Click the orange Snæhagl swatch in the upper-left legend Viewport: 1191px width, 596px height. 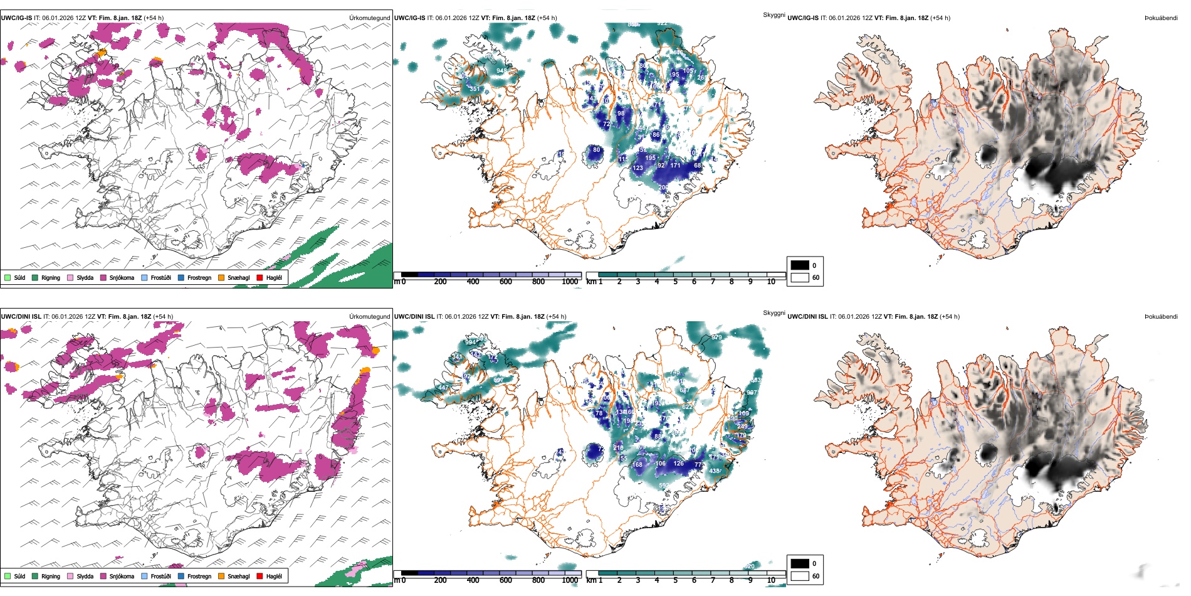pos(221,278)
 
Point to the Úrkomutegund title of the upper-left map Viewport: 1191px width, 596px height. pos(369,18)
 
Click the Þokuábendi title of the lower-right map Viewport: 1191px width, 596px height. pos(1161,317)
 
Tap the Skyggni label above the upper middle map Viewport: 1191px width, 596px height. pos(774,14)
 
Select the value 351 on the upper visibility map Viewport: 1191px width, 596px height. pos(475,89)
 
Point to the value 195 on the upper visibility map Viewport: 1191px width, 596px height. pos(650,158)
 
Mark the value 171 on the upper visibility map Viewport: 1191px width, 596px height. pos(675,166)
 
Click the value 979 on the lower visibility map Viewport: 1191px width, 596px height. pos(716,338)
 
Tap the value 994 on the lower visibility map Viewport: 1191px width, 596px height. pos(470,343)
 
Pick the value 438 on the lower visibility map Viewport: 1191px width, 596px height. pos(715,471)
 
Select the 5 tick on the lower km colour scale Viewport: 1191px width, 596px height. pos(675,580)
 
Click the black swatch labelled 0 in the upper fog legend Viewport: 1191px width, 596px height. pos(800,265)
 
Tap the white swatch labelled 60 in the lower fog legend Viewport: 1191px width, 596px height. pos(800,576)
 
